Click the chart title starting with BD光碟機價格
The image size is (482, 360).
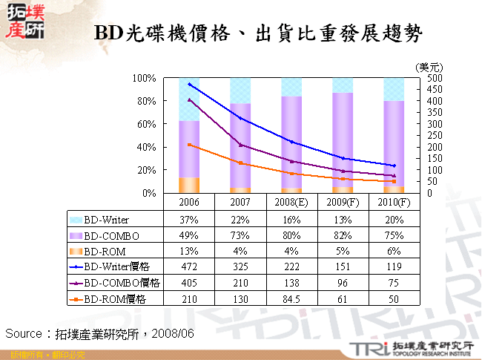(x=259, y=33)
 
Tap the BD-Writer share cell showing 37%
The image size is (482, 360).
(x=188, y=220)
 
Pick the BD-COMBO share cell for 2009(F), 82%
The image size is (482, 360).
(x=343, y=235)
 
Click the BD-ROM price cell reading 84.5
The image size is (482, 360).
(x=291, y=298)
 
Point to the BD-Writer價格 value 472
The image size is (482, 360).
(x=188, y=266)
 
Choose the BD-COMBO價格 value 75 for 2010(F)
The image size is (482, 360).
(x=394, y=283)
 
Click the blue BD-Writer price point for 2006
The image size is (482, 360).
(x=189, y=85)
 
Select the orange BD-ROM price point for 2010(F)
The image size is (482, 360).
(x=394, y=181)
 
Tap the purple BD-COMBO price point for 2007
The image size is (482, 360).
(x=240, y=145)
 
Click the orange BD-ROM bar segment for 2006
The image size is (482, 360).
(x=189, y=185)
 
